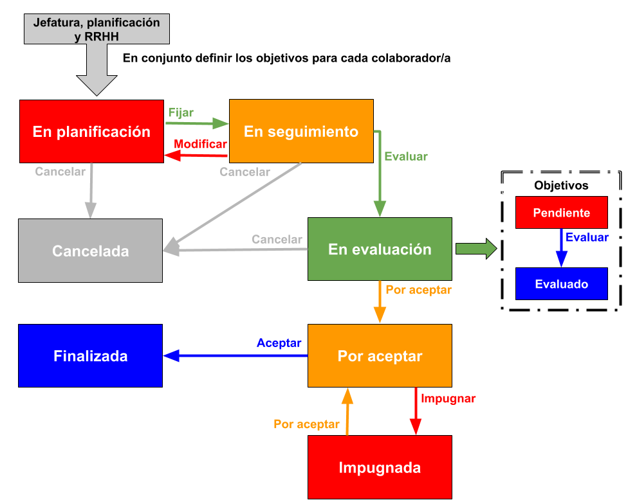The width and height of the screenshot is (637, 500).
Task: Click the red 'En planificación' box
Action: (91, 132)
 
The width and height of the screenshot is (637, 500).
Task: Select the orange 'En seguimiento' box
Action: (301, 131)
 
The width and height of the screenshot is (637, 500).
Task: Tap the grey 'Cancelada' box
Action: (90, 251)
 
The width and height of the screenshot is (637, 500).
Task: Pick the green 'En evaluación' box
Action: (380, 249)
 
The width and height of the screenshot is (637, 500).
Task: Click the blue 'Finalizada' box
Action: (90, 355)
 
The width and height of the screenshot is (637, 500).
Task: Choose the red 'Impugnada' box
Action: (380, 467)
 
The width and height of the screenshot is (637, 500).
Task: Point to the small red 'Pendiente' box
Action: (561, 213)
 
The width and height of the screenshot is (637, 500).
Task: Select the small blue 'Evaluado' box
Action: (561, 284)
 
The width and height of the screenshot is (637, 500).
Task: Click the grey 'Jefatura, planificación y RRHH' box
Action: (97, 30)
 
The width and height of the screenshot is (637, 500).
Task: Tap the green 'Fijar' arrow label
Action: (181, 112)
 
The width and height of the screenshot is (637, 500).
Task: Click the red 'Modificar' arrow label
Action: (200, 144)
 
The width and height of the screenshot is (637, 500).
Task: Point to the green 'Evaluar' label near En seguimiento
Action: (405, 156)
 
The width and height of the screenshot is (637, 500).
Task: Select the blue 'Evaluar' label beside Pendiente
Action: (587, 237)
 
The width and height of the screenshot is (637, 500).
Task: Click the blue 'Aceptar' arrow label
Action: (279, 343)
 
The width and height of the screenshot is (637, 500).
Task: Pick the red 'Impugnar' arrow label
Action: (448, 398)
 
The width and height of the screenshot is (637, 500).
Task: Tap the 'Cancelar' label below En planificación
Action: (60, 172)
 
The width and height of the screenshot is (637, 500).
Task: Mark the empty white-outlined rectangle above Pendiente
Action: (561, 183)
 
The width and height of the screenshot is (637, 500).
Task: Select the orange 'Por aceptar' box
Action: (380, 355)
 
